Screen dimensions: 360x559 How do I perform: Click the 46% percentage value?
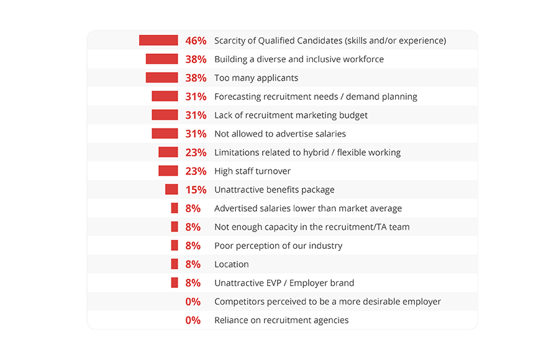click(196, 41)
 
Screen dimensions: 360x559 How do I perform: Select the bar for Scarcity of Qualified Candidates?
click(158, 40)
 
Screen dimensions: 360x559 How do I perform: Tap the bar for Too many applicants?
click(161, 78)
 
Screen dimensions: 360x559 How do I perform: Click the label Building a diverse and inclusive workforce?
click(299, 60)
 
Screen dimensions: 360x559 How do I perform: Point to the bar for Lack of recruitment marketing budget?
click(165, 115)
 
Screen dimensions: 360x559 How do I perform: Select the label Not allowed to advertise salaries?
click(280, 134)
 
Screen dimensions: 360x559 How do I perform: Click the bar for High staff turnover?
click(168, 171)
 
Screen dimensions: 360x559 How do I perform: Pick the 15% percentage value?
click(196, 190)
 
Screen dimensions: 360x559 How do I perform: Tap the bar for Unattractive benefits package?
click(171, 189)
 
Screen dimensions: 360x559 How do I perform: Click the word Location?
click(232, 264)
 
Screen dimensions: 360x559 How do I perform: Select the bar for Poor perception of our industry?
click(175, 245)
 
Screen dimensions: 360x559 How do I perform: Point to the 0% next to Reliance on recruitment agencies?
click(193, 320)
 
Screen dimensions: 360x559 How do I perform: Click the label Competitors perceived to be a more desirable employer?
click(327, 302)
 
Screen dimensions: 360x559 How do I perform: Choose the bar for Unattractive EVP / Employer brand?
click(175, 282)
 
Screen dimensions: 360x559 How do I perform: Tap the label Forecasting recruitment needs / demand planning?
click(316, 97)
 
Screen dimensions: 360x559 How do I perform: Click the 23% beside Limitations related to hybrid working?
click(196, 153)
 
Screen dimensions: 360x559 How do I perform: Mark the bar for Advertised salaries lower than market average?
click(175, 208)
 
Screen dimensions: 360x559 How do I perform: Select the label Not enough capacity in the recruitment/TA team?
click(312, 227)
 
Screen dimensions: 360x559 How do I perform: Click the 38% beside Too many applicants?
click(196, 78)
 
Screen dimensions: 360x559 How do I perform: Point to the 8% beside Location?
click(193, 264)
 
